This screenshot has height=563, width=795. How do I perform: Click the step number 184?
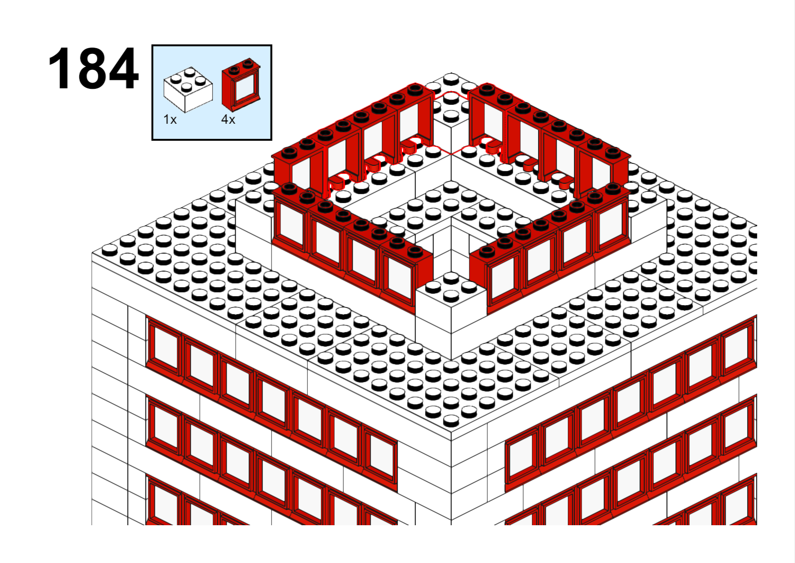[x=93, y=68]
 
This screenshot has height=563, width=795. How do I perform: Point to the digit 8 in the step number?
[x=93, y=68]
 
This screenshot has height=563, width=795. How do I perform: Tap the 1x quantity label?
[x=170, y=119]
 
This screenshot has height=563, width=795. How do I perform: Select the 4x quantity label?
[x=228, y=119]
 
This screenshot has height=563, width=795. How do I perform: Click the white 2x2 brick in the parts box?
[x=188, y=89]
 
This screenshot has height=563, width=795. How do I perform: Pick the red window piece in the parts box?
[x=241, y=85]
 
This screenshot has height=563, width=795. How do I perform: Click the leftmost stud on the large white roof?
[x=110, y=249]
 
